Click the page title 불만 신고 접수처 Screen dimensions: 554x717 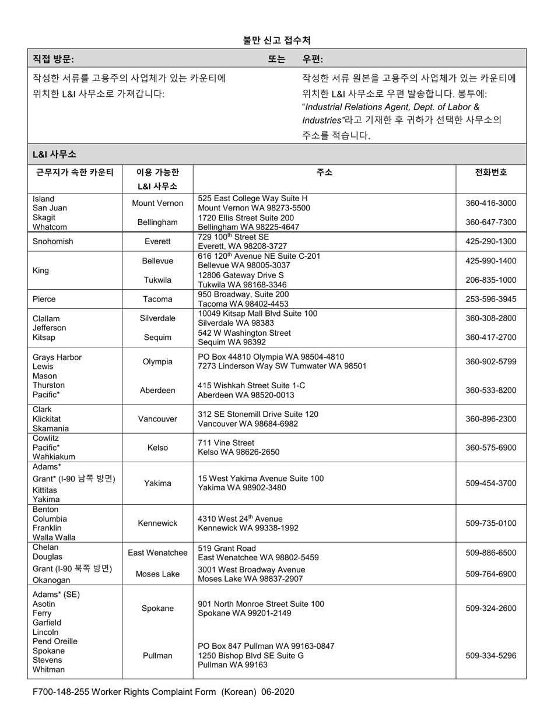coord(276,40)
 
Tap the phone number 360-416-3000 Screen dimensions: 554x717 coord(490,203)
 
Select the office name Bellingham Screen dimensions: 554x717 coord(157,222)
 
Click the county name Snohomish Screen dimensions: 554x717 coord(53,241)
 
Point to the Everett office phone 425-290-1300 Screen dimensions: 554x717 coord(490,241)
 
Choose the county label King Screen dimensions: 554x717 coord(41,270)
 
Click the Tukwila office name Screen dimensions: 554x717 coord(157,280)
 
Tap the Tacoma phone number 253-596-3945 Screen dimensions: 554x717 coord(490,299)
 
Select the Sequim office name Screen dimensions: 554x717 coord(157,338)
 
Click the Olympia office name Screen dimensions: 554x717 coord(157,361)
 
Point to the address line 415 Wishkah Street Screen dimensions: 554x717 coord(251,386)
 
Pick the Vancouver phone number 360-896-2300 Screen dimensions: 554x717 coord(490,419)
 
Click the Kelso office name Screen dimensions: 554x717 coord(157,448)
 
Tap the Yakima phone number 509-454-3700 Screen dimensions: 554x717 coord(490,483)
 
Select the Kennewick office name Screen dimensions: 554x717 coord(157,523)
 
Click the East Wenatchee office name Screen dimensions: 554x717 coord(157,553)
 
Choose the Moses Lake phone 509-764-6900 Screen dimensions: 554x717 coord(490,574)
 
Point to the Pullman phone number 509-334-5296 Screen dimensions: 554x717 coord(490,656)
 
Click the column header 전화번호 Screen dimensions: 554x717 coord(490,172)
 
